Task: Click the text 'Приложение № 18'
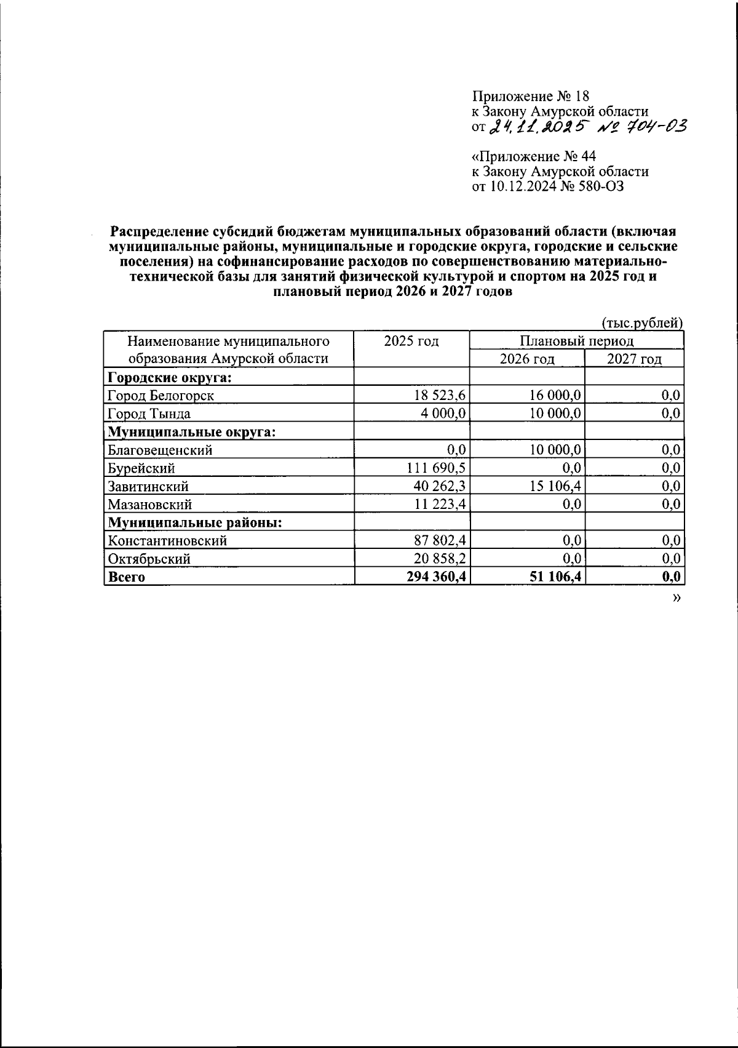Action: pos(530,97)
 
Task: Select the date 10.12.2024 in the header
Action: pos(522,186)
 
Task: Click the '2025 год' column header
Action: pos(411,341)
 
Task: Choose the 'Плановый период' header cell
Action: pos(576,340)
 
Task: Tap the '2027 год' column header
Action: pos(633,359)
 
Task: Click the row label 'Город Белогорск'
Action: pos(161,396)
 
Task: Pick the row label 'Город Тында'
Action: pos(149,414)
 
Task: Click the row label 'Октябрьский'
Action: pos(148,559)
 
